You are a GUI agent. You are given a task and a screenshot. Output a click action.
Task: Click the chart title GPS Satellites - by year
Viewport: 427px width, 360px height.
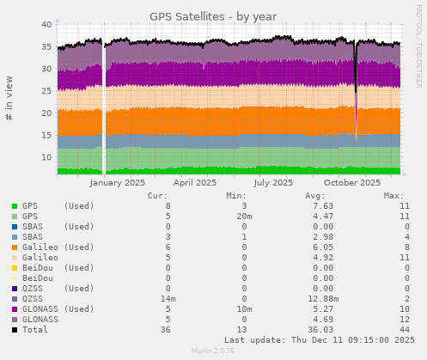[x=213, y=15]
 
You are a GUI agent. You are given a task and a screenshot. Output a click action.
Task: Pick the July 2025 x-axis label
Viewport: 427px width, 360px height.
[x=273, y=182]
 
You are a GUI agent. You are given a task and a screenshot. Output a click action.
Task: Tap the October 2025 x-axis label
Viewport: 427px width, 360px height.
[x=352, y=182]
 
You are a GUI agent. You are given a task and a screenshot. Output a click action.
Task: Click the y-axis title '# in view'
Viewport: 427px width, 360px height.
[x=9, y=100]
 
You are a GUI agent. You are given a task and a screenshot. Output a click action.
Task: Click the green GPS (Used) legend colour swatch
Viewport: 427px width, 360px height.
[x=15, y=206]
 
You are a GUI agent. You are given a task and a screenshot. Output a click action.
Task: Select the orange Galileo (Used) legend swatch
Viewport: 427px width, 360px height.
[x=15, y=247]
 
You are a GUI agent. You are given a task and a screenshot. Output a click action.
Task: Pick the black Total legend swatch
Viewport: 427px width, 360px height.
[x=15, y=330]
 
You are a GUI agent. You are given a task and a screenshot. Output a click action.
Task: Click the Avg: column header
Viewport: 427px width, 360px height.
[x=315, y=196]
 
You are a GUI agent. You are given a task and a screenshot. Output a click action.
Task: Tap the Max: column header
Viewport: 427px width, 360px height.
[x=394, y=196]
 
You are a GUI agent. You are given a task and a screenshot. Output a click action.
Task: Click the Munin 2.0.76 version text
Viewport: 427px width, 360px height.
[x=213, y=351]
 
